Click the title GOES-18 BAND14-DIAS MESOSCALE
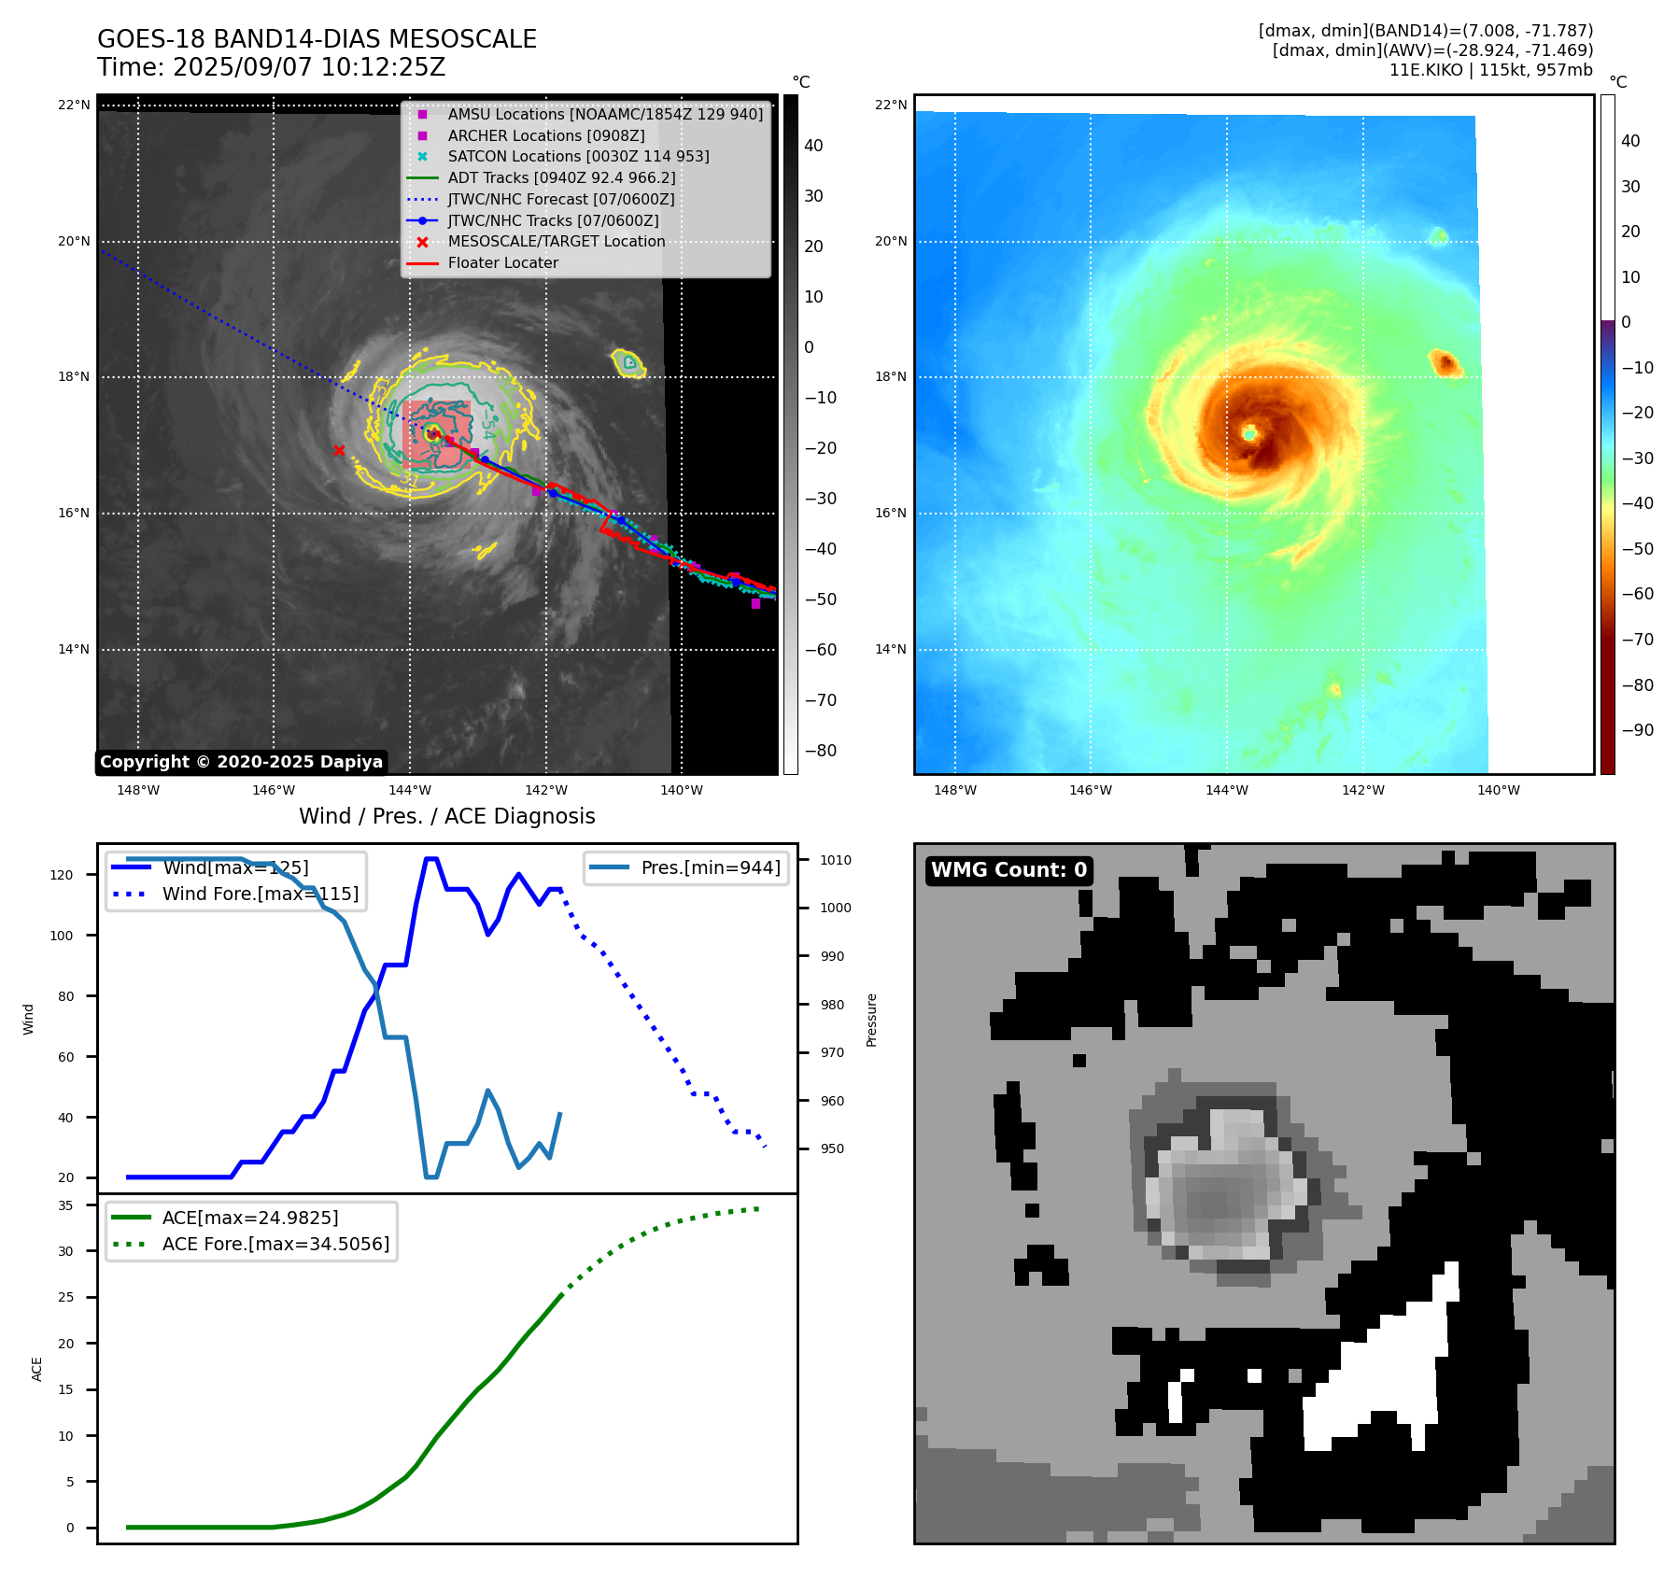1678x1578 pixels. click(x=317, y=39)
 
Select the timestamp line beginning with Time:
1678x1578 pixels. click(x=271, y=67)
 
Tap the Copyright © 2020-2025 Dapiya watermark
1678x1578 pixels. click(x=241, y=762)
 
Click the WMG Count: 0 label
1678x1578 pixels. click(x=1008, y=870)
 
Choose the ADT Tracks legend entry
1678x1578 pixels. click(x=561, y=177)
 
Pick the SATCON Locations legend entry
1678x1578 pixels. click(x=578, y=156)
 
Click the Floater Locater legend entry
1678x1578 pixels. click(x=502, y=262)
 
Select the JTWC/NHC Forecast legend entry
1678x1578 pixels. click(x=560, y=199)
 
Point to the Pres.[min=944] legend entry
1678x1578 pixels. click(x=710, y=867)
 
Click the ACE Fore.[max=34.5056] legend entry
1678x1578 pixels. click(x=275, y=1244)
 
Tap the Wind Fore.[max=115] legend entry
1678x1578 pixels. click(x=260, y=894)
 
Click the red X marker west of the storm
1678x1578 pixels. click(x=339, y=451)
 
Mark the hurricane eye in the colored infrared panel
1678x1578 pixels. click(x=1249, y=432)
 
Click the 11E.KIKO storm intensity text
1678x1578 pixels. click(x=1490, y=70)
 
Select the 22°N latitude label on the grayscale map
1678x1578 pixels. click(x=74, y=105)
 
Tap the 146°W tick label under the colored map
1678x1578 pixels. click(x=1090, y=790)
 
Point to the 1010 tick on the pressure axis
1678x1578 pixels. click(x=836, y=860)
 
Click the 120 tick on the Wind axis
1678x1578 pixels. click(x=62, y=875)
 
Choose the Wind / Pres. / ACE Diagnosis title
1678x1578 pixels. click(x=446, y=816)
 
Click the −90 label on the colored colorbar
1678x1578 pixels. click(x=1637, y=729)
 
